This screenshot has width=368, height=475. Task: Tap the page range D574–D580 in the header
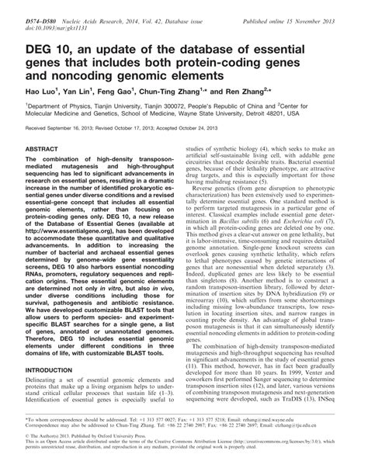pyautogui.click(x=30, y=7)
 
